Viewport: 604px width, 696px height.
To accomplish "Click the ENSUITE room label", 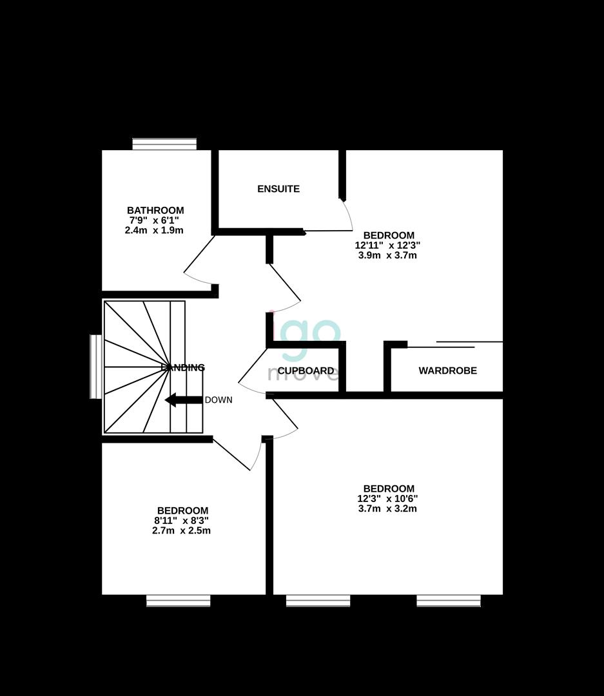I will pos(278,189).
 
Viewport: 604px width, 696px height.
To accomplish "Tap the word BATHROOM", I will pos(155,210).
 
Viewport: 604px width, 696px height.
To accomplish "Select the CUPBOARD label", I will pos(306,371).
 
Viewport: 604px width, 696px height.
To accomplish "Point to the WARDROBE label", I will pos(448,371).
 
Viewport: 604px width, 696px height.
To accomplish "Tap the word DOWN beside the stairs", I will pos(219,400).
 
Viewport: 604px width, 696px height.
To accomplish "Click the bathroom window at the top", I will pos(164,144).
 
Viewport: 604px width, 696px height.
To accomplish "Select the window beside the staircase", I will pos(95,366).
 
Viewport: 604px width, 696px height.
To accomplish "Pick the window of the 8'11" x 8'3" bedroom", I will pos(179,601).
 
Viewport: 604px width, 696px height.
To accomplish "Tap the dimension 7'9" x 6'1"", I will pos(155,220).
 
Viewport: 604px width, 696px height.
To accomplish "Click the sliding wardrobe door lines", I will pos(454,345).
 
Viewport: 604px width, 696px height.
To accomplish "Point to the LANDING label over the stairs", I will pos(183,368).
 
